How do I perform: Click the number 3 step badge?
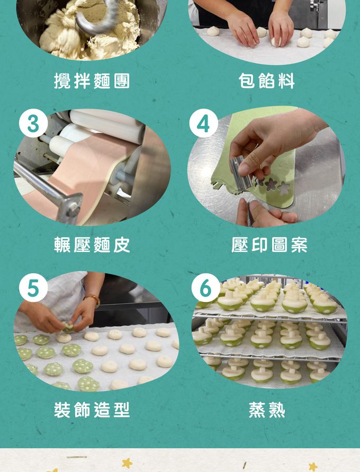(x=33, y=123)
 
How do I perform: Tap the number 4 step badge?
(x=203, y=123)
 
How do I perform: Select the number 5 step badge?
(x=33, y=288)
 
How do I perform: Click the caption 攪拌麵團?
(x=92, y=81)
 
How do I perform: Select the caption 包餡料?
(x=267, y=81)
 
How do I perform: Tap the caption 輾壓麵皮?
(x=92, y=245)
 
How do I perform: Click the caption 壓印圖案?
(x=269, y=245)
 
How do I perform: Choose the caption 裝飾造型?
(x=92, y=409)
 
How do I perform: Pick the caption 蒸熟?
(x=267, y=409)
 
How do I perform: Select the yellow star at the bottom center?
(x=127, y=462)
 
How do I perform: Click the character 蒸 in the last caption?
(x=257, y=409)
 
